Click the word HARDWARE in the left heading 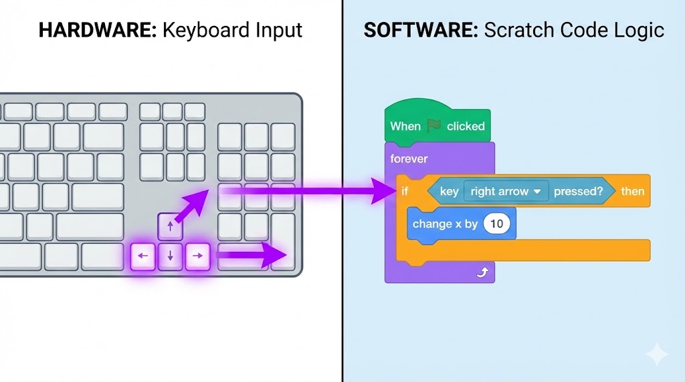click(x=98, y=30)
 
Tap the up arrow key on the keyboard click(x=170, y=226)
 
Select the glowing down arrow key click(x=170, y=256)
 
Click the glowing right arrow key click(x=197, y=256)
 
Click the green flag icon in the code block click(x=433, y=126)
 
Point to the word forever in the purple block click(x=409, y=159)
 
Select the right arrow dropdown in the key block click(x=506, y=191)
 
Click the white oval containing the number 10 click(x=497, y=224)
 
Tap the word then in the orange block click(x=633, y=191)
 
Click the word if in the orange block click(x=405, y=191)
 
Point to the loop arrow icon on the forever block click(x=482, y=272)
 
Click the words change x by click(x=445, y=224)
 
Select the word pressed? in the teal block click(x=578, y=192)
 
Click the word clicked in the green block click(x=466, y=126)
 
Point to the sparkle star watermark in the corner click(x=657, y=354)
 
